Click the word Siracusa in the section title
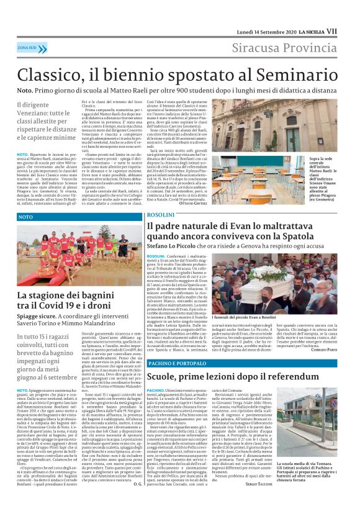[259, 48]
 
